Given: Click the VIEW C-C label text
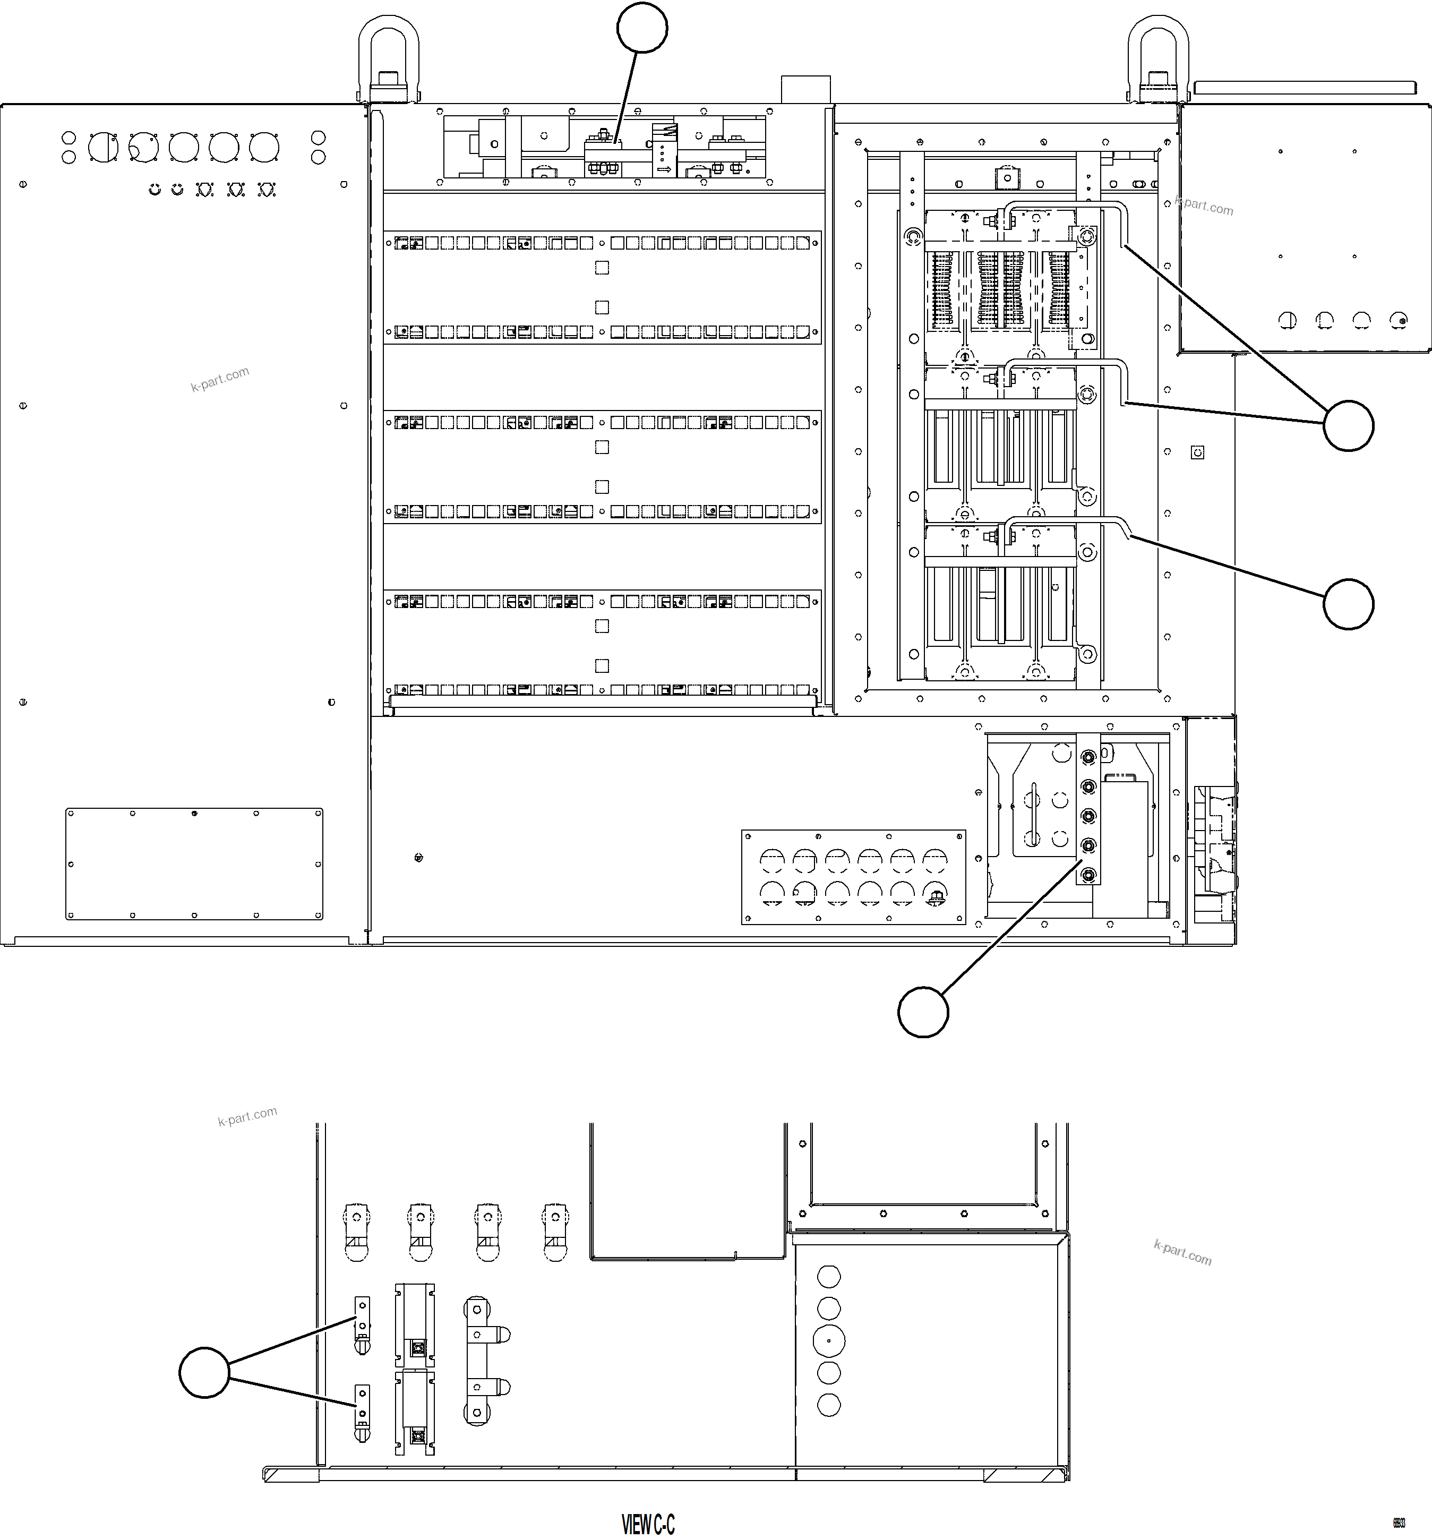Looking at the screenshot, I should (x=648, y=1524).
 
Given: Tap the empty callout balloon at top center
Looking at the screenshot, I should (x=642, y=28).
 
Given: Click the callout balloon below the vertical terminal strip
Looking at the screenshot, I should (x=923, y=1012).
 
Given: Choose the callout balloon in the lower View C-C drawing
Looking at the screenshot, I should (x=204, y=1373).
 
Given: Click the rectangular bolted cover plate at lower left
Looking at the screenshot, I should (x=194, y=864).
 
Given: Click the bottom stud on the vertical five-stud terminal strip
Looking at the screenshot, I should (x=1087, y=875).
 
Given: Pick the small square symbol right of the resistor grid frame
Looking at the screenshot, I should (x=1197, y=452).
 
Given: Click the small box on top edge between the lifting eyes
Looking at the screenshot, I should (x=806, y=89).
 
